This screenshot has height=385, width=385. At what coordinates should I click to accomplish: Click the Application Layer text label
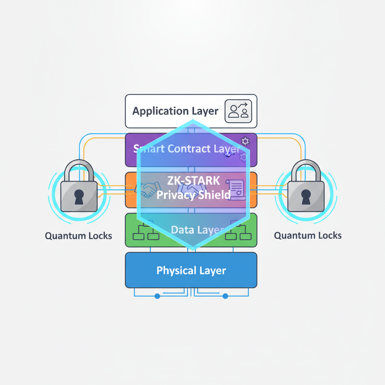(175, 111)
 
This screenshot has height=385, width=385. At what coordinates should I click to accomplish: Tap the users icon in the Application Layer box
(238, 111)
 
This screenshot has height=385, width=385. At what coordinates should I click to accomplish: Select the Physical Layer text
(191, 270)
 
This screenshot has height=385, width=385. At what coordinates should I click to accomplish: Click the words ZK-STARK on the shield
(193, 180)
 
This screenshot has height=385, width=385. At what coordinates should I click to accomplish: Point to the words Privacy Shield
(193, 195)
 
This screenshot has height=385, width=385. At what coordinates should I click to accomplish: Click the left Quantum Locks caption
(79, 236)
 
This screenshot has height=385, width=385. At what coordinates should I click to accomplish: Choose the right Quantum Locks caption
(308, 236)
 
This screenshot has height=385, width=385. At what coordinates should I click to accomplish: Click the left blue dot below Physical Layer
(157, 296)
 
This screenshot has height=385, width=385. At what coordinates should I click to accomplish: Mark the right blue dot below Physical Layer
(225, 296)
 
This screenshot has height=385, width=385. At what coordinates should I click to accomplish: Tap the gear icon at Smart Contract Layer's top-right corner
(245, 141)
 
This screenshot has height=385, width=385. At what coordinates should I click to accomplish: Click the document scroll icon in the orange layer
(235, 189)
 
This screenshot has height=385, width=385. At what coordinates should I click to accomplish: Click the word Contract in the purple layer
(189, 149)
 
